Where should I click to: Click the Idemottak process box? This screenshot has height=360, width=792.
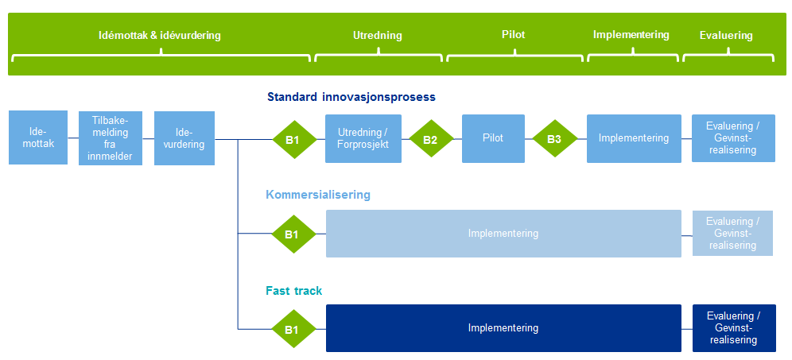pyautogui.click(x=38, y=138)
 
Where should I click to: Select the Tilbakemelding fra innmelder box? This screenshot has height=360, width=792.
pyautogui.click(x=110, y=138)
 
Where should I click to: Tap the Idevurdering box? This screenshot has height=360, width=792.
pyautogui.click(x=184, y=138)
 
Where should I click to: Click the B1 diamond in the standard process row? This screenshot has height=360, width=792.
pyautogui.click(x=293, y=140)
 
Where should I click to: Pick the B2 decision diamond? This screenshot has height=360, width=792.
pyautogui.click(x=430, y=140)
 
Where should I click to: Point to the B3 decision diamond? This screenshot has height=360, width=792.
pyautogui.click(x=554, y=140)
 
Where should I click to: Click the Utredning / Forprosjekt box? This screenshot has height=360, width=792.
pyautogui.click(x=363, y=138)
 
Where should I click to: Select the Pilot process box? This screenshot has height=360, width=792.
pyautogui.click(x=493, y=138)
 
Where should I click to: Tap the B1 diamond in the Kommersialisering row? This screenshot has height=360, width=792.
pyautogui.click(x=293, y=234)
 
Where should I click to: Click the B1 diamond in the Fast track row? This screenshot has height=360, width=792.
pyautogui.click(x=293, y=328)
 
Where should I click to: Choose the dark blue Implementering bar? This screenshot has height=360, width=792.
pyautogui.click(x=503, y=328)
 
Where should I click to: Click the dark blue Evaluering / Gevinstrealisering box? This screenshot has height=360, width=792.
pyautogui.click(x=733, y=328)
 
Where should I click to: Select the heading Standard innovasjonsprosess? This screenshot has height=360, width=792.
pyautogui.click(x=351, y=98)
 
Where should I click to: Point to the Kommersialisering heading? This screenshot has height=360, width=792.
pyautogui.click(x=317, y=195)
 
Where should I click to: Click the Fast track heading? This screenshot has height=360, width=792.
pyautogui.click(x=293, y=291)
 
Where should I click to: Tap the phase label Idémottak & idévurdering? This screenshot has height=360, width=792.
pyautogui.click(x=159, y=36)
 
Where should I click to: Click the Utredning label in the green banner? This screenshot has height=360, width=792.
pyautogui.click(x=378, y=36)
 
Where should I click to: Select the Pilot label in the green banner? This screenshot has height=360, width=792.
pyautogui.click(x=513, y=35)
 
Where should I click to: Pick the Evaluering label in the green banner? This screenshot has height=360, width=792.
pyautogui.click(x=726, y=36)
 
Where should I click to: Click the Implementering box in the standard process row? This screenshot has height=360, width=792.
pyautogui.click(x=634, y=138)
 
